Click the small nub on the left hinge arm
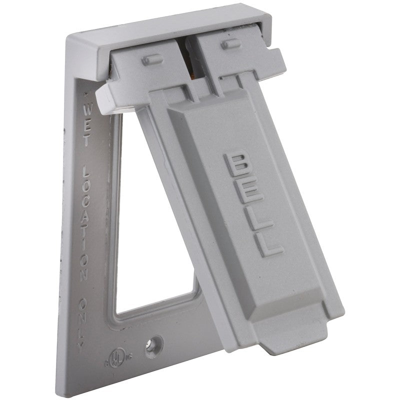pyautogui.click(x=149, y=60)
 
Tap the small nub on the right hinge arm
pyautogui.click(x=231, y=44)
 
